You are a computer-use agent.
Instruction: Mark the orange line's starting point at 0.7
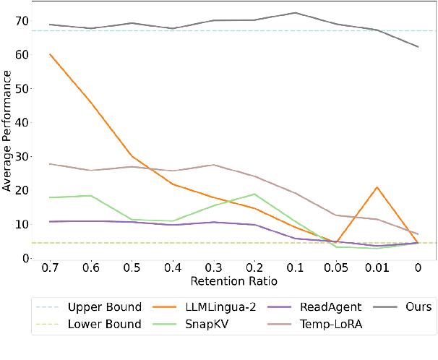coord(50,54)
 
